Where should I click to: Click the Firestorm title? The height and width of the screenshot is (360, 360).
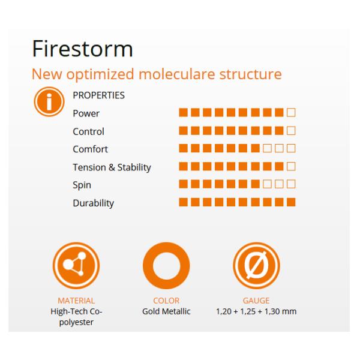coord(82,49)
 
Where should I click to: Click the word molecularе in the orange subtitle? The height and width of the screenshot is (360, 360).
coord(177,74)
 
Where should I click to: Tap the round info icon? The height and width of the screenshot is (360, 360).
coord(49,102)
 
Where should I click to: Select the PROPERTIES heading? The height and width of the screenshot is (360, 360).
coord(99,95)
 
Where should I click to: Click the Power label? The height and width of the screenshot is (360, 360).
coord(86,113)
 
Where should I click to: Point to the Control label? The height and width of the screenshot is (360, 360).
coord(88,131)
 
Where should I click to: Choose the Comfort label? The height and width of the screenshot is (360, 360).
coord(90,149)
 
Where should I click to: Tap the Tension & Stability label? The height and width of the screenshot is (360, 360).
coord(112,167)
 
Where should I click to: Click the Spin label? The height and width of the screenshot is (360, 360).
coord(82,185)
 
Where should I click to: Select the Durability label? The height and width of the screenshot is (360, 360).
coord(93,203)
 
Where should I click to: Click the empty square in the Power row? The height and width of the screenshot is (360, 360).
coord(291,113)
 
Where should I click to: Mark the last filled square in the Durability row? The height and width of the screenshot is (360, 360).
coord(291,202)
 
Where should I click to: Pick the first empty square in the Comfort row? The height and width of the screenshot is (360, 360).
coord(267,148)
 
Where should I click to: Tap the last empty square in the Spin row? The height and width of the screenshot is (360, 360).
coord(291,184)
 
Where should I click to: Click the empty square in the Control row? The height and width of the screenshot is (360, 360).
coord(291,131)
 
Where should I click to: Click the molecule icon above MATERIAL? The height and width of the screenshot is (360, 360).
coord(76,266)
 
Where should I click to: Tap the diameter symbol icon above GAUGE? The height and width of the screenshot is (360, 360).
coord(256,266)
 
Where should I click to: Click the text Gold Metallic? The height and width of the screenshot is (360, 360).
coord(166,311)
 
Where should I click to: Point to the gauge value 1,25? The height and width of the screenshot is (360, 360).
coord(248,311)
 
